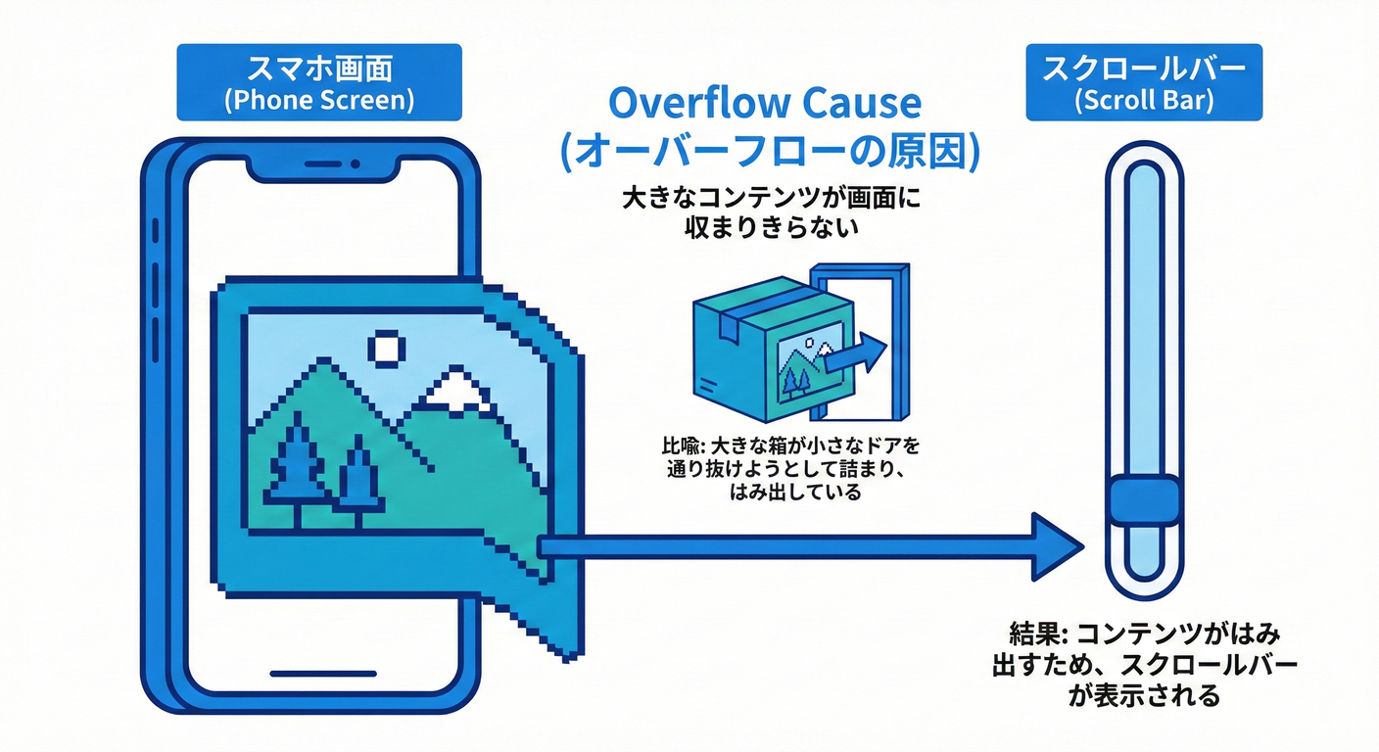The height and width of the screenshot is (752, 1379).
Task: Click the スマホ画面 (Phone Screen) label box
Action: [x=318, y=82]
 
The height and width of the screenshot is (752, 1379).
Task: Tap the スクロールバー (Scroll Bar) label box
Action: [x=1142, y=82]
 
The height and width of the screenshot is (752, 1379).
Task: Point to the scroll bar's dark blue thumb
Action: [x=1143, y=499]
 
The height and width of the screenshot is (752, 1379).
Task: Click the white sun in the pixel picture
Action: [x=387, y=348]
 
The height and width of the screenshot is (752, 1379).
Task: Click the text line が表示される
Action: [x=1142, y=696]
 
